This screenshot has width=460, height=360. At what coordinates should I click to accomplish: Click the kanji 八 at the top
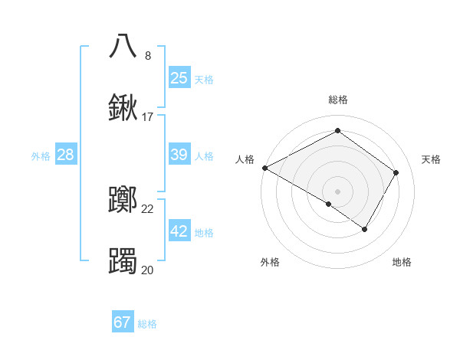[x=123, y=45]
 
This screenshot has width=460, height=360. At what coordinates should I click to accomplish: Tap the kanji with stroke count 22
[x=123, y=201]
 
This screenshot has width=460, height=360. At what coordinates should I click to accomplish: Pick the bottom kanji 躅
[x=123, y=261]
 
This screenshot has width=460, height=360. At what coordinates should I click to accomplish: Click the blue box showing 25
[x=179, y=77]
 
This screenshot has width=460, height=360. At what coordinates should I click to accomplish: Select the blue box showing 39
[x=179, y=155]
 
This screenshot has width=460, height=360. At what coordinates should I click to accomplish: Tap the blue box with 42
[x=179, y=231]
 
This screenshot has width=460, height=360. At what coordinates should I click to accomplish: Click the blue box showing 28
[x=66, y=155]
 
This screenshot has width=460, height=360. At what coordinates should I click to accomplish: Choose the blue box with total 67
[x=123, y=322]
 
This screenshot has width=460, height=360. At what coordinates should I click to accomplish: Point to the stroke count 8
[x=148, y=56]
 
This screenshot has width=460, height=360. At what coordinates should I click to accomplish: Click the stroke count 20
[x=147, y=270]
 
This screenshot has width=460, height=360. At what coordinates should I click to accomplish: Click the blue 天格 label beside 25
[x=204, y=79]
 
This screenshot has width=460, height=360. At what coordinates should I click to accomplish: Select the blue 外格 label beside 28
[x=41, y=156]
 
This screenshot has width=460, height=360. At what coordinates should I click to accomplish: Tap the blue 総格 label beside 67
[x=147, y=324]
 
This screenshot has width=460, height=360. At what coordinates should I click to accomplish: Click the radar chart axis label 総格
[x=337, y=100]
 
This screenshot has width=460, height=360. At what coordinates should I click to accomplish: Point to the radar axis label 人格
[x=245, y=159]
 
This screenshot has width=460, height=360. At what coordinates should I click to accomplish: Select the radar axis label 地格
[x=402, y=262]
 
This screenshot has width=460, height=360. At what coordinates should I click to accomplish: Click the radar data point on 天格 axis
[x=396, y=172]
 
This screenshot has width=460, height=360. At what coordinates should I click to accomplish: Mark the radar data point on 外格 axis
[x=329, y=204]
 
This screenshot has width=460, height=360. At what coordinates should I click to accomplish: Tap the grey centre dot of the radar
[x=337, y=191]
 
